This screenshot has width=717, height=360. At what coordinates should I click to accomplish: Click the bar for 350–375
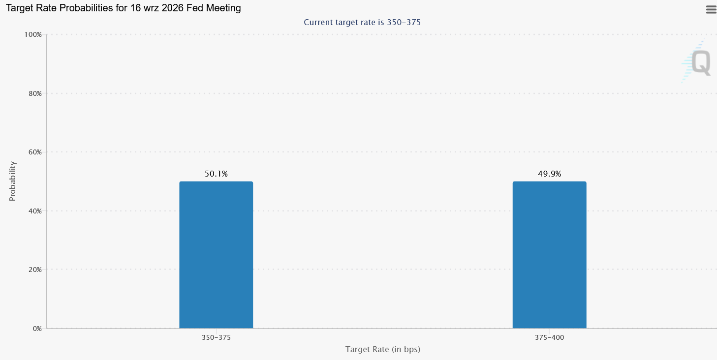(x=216, y=255)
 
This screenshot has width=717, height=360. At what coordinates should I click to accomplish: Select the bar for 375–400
(x=549, y=255)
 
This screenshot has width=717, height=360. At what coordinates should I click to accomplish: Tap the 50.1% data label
(x=216, y=174)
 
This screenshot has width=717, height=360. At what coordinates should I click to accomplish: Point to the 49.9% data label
(x=549, y=174)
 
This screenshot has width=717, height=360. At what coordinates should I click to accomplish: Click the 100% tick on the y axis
(x=33, y=34)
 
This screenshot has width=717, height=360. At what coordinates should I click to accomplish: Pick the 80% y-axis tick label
(x=35, y=93)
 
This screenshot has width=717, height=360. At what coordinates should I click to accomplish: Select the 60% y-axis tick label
(x=35, y=152)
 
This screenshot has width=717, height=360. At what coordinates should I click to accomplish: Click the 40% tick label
(x=35, y=211)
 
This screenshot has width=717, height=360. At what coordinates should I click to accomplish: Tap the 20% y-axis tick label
(x=35, y=270)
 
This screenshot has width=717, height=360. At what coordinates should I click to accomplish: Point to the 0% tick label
(x=37, y=329)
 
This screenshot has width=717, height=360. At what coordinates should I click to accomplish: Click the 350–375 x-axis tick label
(x=216, y=337)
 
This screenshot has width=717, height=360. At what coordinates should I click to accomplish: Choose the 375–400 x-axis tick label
(x=549, y=337)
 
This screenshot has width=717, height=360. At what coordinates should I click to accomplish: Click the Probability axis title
(x=12, y=181)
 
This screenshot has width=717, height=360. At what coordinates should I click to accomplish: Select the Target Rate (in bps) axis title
(x=383, y=350)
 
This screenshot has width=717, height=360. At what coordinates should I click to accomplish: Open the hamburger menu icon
(x=711, y=10)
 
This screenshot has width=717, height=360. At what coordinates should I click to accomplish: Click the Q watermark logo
(x=696, y=61)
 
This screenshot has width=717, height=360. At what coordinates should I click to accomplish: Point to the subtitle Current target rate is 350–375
(x=362, y=23)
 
